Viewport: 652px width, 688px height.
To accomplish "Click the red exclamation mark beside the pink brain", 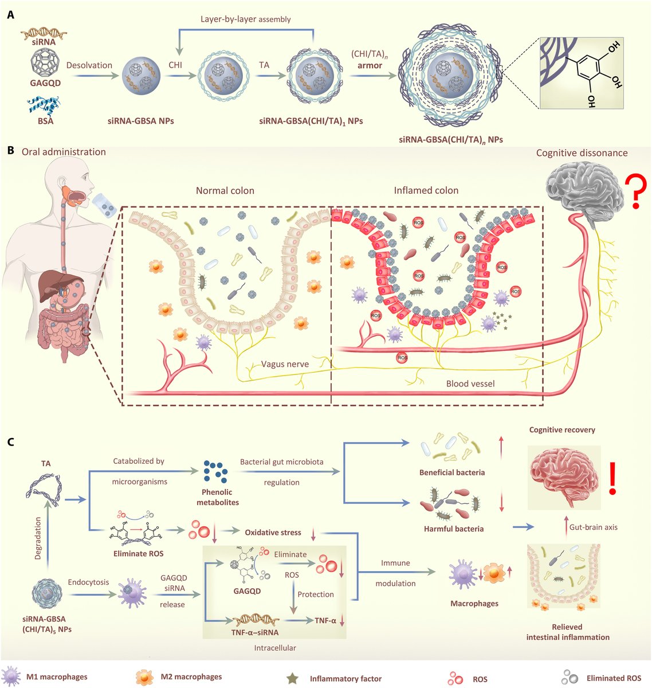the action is point(612,478).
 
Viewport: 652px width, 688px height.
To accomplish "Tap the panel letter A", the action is point(11,15).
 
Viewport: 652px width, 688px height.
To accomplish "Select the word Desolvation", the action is point(89,65).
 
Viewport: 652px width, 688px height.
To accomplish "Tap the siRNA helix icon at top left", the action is point(44,35).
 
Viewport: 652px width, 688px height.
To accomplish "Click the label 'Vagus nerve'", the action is point(285,364).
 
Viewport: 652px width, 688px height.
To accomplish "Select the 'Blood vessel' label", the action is point(470,384).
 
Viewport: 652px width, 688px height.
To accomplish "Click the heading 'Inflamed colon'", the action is point(426,190).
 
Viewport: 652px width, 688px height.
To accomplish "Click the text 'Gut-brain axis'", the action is point(593,527).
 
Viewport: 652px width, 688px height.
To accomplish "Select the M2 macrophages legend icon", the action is point(144,678).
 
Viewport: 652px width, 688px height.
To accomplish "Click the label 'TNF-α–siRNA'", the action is point(254,632).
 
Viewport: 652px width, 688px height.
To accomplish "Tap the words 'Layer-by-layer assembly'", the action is point(246,19).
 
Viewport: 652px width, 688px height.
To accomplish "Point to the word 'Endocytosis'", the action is point(88,582).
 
